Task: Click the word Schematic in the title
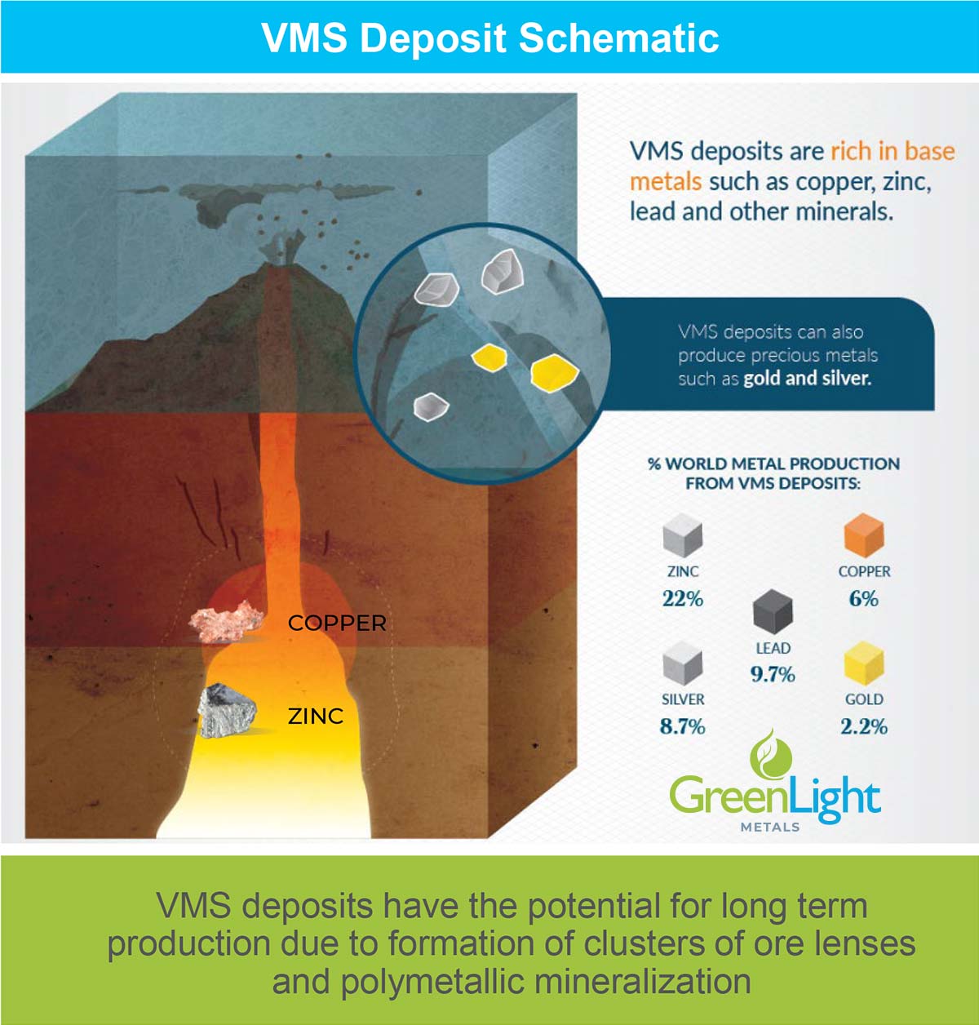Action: [618, 38]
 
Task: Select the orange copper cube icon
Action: [864, 535]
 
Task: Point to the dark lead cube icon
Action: [773, 611]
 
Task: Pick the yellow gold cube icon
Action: [864, 663]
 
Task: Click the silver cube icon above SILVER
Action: [683, 663]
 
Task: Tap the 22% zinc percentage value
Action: [683, 599]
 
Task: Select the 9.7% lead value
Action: [773, 674]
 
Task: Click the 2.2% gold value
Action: [864, 727]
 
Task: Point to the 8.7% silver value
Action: [683, 727]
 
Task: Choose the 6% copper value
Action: [864, 599]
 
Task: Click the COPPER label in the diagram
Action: [337, 623]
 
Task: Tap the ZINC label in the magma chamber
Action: [316, 717]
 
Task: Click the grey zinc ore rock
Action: [227, 711]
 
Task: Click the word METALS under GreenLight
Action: [770, 827]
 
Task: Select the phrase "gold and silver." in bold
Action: [808, 378]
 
